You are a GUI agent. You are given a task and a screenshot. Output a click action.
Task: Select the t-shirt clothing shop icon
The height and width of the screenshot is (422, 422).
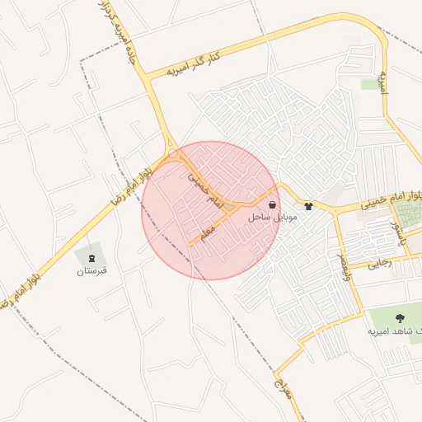tap(308, 207)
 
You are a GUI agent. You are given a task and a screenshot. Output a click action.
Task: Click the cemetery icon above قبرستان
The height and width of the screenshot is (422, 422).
tap(91, 258)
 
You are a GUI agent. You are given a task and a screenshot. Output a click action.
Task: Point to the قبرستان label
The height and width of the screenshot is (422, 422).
tap(92, 270)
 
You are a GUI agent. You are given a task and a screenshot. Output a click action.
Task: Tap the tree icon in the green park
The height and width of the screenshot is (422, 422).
tap(401, 316)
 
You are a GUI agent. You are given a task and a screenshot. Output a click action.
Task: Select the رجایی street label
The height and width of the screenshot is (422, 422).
tap(381, 264)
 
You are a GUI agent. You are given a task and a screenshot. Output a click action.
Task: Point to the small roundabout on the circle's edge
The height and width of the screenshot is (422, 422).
tap(174, 152)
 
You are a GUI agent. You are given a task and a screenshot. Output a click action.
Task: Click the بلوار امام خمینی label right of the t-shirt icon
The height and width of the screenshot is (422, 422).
tap(387, 200)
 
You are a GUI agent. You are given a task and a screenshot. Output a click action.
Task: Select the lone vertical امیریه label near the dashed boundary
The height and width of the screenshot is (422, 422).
tap(382, 81)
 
